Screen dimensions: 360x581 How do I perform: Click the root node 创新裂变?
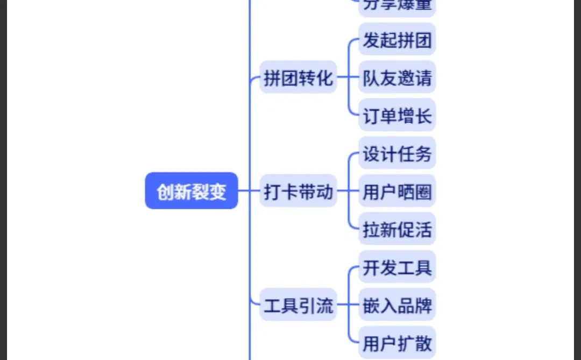[x=192, y=191]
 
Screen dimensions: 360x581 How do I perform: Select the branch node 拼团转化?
[x=298, y=78]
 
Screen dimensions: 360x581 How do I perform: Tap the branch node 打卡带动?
[x=298, y=191]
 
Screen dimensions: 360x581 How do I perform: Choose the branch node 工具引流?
[x=298, y=306]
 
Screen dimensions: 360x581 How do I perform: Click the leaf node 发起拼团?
[x=397, y=40]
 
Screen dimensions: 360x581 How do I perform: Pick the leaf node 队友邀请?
[x=397, y=78]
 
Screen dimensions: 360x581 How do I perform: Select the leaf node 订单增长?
[x=397, y=116]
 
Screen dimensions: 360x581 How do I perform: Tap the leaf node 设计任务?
[x=397, y=154]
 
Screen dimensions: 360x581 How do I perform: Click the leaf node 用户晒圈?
[x=397, y=192]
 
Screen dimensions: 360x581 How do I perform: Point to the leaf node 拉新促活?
[x=397, y=230]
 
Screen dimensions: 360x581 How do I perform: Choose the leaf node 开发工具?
[x=397, y=267]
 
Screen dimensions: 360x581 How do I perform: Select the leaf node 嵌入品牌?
[x=397, y=306]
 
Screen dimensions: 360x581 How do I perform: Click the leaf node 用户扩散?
[x=397, y=343]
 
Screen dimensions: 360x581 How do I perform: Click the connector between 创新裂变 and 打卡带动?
[x=249, y=190]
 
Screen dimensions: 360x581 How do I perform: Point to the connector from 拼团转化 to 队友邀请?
[x=348, y=78]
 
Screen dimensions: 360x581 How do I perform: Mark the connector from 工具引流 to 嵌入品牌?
[x=348, y=306]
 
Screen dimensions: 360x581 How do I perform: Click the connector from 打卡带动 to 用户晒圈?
[x=348, y=191]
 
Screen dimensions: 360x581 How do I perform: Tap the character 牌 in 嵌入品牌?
[x=424, y=306]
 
